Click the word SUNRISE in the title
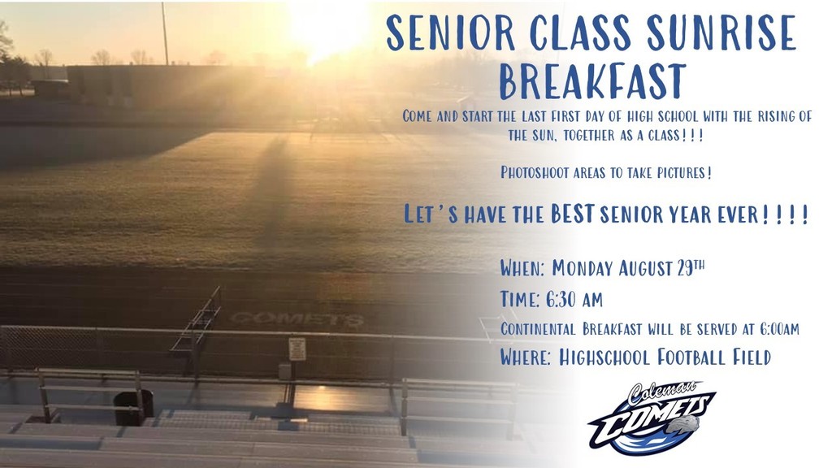[721, 32]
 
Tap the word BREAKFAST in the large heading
[592, 81]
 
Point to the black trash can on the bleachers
[134, 408]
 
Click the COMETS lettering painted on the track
[297, 318]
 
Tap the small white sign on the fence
[297, 349]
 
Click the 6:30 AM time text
[574, 300]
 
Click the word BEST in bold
[572, 214]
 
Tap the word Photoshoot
[535, 172]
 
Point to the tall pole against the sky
[165, 34]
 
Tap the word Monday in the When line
[582, 268]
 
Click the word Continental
[538, 329]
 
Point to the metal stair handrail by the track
[197, 321]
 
